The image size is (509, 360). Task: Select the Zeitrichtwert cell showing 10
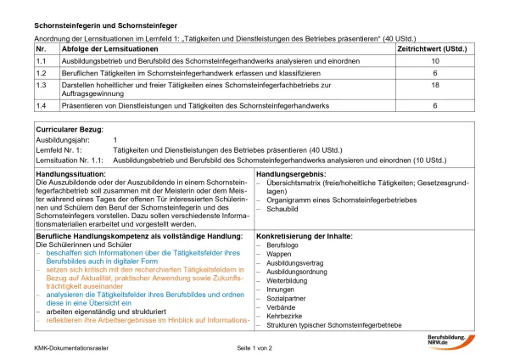pos(435,62)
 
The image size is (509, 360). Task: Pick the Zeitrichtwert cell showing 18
pos(435,86)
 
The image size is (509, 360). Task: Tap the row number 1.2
pos(41,74)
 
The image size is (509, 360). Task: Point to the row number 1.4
pos(41,105)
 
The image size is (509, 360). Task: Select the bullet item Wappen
pos(280,254)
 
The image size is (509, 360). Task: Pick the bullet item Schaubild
pos(284,208)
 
